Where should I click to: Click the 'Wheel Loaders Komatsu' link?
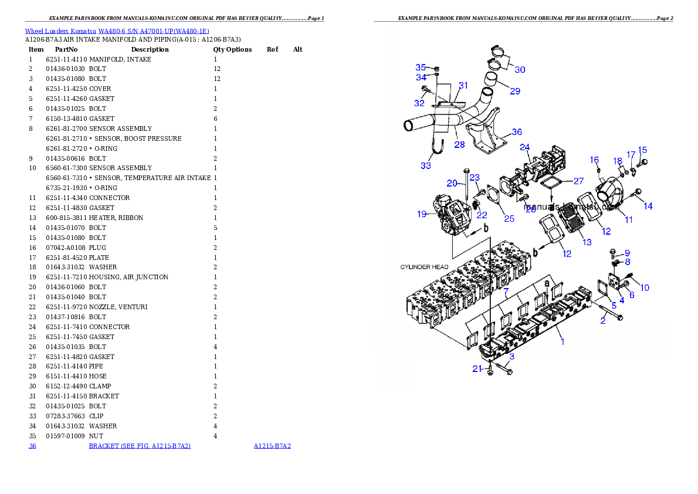pyautogui.click(x=60, y=31)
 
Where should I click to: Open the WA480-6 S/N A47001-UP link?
pyautogui.click(x=154, y=31)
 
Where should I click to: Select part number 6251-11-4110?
pyautogui.click(x=66, y=59)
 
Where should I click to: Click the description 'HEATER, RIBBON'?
pyautogui.click(x=116, y=218)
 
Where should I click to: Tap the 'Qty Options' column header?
pyautogui.click(x=232, y=49)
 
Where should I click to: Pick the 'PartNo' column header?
pyautogui.click(x=66, y=49)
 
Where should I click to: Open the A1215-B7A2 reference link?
pyautogui.click(x=272, y=446)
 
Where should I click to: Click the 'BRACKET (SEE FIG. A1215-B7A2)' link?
pyautogui.click(x=140, y=446)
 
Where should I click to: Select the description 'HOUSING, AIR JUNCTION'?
pyautogui.click(x=128, y=277)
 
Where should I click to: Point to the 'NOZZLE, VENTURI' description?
pyautogui.click(x=118, y=307)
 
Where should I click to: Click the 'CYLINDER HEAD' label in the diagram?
pyautogui.click(x=424, y=267)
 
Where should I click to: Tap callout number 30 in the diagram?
pyautogui.click(x=520, y=69)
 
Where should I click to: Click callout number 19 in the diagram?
pyautogui.click(x=422, y=214)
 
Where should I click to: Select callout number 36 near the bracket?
pyautogui.click(x=517, y=132)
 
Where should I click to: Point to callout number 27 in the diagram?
pyautogui.click(x=578, y=181)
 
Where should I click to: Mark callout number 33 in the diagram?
pyautogui.click(x=426, y=165)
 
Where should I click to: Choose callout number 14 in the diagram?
pyautogui.click(x=648, y=206)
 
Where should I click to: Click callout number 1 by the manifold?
pyautogui.click(x=563, y=341)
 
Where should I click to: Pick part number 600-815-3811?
pyautogui.click(x=66, y=218)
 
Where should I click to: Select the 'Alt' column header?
pyautogui.click(x=298, y=49)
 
